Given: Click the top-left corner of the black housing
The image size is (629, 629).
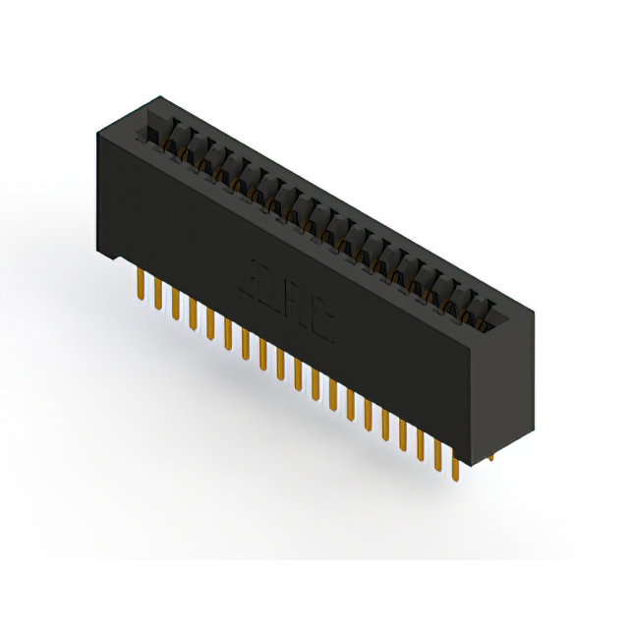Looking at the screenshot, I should click(x=98, y=135).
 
